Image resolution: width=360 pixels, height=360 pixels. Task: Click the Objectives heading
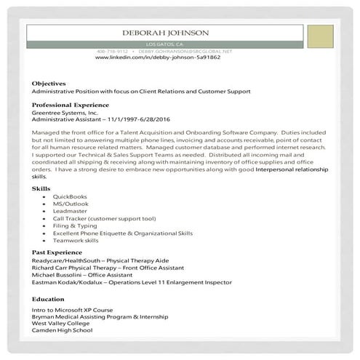49,84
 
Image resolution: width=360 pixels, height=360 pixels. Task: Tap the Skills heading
41,188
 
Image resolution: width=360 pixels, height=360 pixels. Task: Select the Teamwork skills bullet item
76,240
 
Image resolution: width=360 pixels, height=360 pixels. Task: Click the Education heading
48,299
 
